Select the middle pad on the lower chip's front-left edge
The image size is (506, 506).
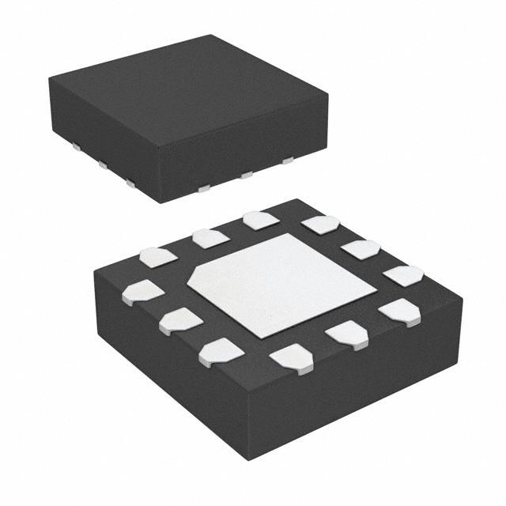tap(181, 320)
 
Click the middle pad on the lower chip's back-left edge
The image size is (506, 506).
tap(211, 238)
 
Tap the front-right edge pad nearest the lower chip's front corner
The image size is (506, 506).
tap(291, 358)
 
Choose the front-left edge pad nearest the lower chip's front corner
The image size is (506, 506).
tap(221, 351)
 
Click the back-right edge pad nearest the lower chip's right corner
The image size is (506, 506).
tap(403, 276)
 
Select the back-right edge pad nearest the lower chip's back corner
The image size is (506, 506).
tap(321, 225)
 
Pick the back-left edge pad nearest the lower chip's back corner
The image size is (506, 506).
tap(260, 220)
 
